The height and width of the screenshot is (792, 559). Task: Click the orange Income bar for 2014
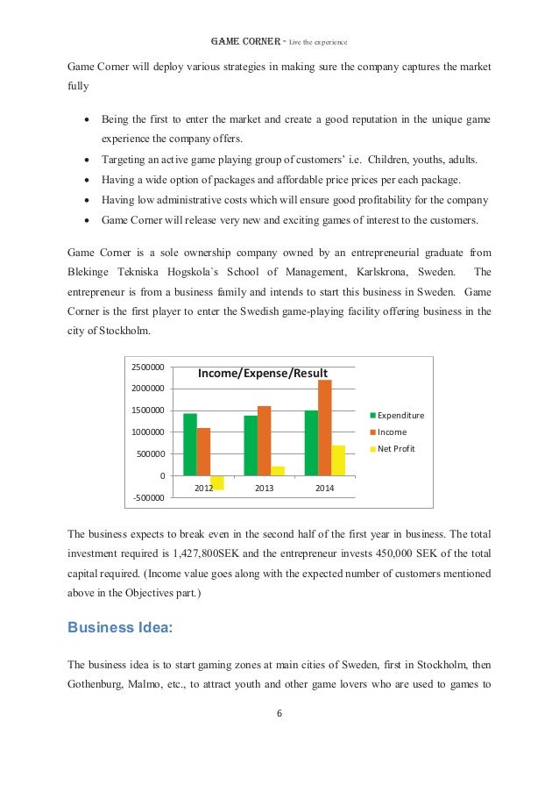coord(324,427)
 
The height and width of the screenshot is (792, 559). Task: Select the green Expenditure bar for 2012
coord(190,444)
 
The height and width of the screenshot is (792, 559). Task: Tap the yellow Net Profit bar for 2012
coord(217,482)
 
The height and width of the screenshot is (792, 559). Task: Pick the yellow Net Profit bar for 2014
coord(338,460)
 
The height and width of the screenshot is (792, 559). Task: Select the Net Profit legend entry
coord(397,448)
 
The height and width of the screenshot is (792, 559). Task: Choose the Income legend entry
coord(393,432)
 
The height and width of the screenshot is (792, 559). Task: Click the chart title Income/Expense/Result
coord(262,374)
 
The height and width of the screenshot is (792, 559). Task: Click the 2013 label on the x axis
coord(264,487)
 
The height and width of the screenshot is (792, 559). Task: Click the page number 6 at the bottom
coord(279,712)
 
